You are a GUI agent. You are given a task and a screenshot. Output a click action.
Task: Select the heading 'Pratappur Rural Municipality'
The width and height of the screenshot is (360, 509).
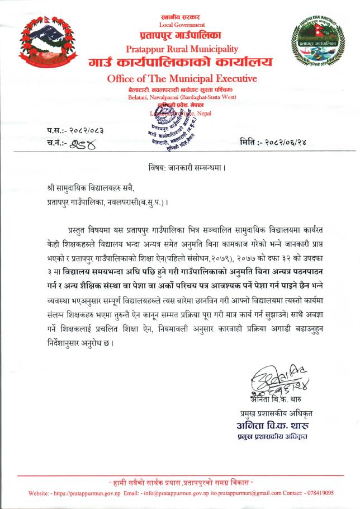(182, 49)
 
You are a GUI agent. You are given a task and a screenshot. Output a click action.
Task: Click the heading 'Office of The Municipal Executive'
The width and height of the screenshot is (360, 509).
(182, 78)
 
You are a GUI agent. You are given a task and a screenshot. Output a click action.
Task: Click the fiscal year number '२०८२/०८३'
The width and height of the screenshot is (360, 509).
(86, 130)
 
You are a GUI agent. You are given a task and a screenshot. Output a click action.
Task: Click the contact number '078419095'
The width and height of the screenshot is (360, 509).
(317, 493)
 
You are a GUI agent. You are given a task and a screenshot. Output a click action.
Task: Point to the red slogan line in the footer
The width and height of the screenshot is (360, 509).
(181, 482)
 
